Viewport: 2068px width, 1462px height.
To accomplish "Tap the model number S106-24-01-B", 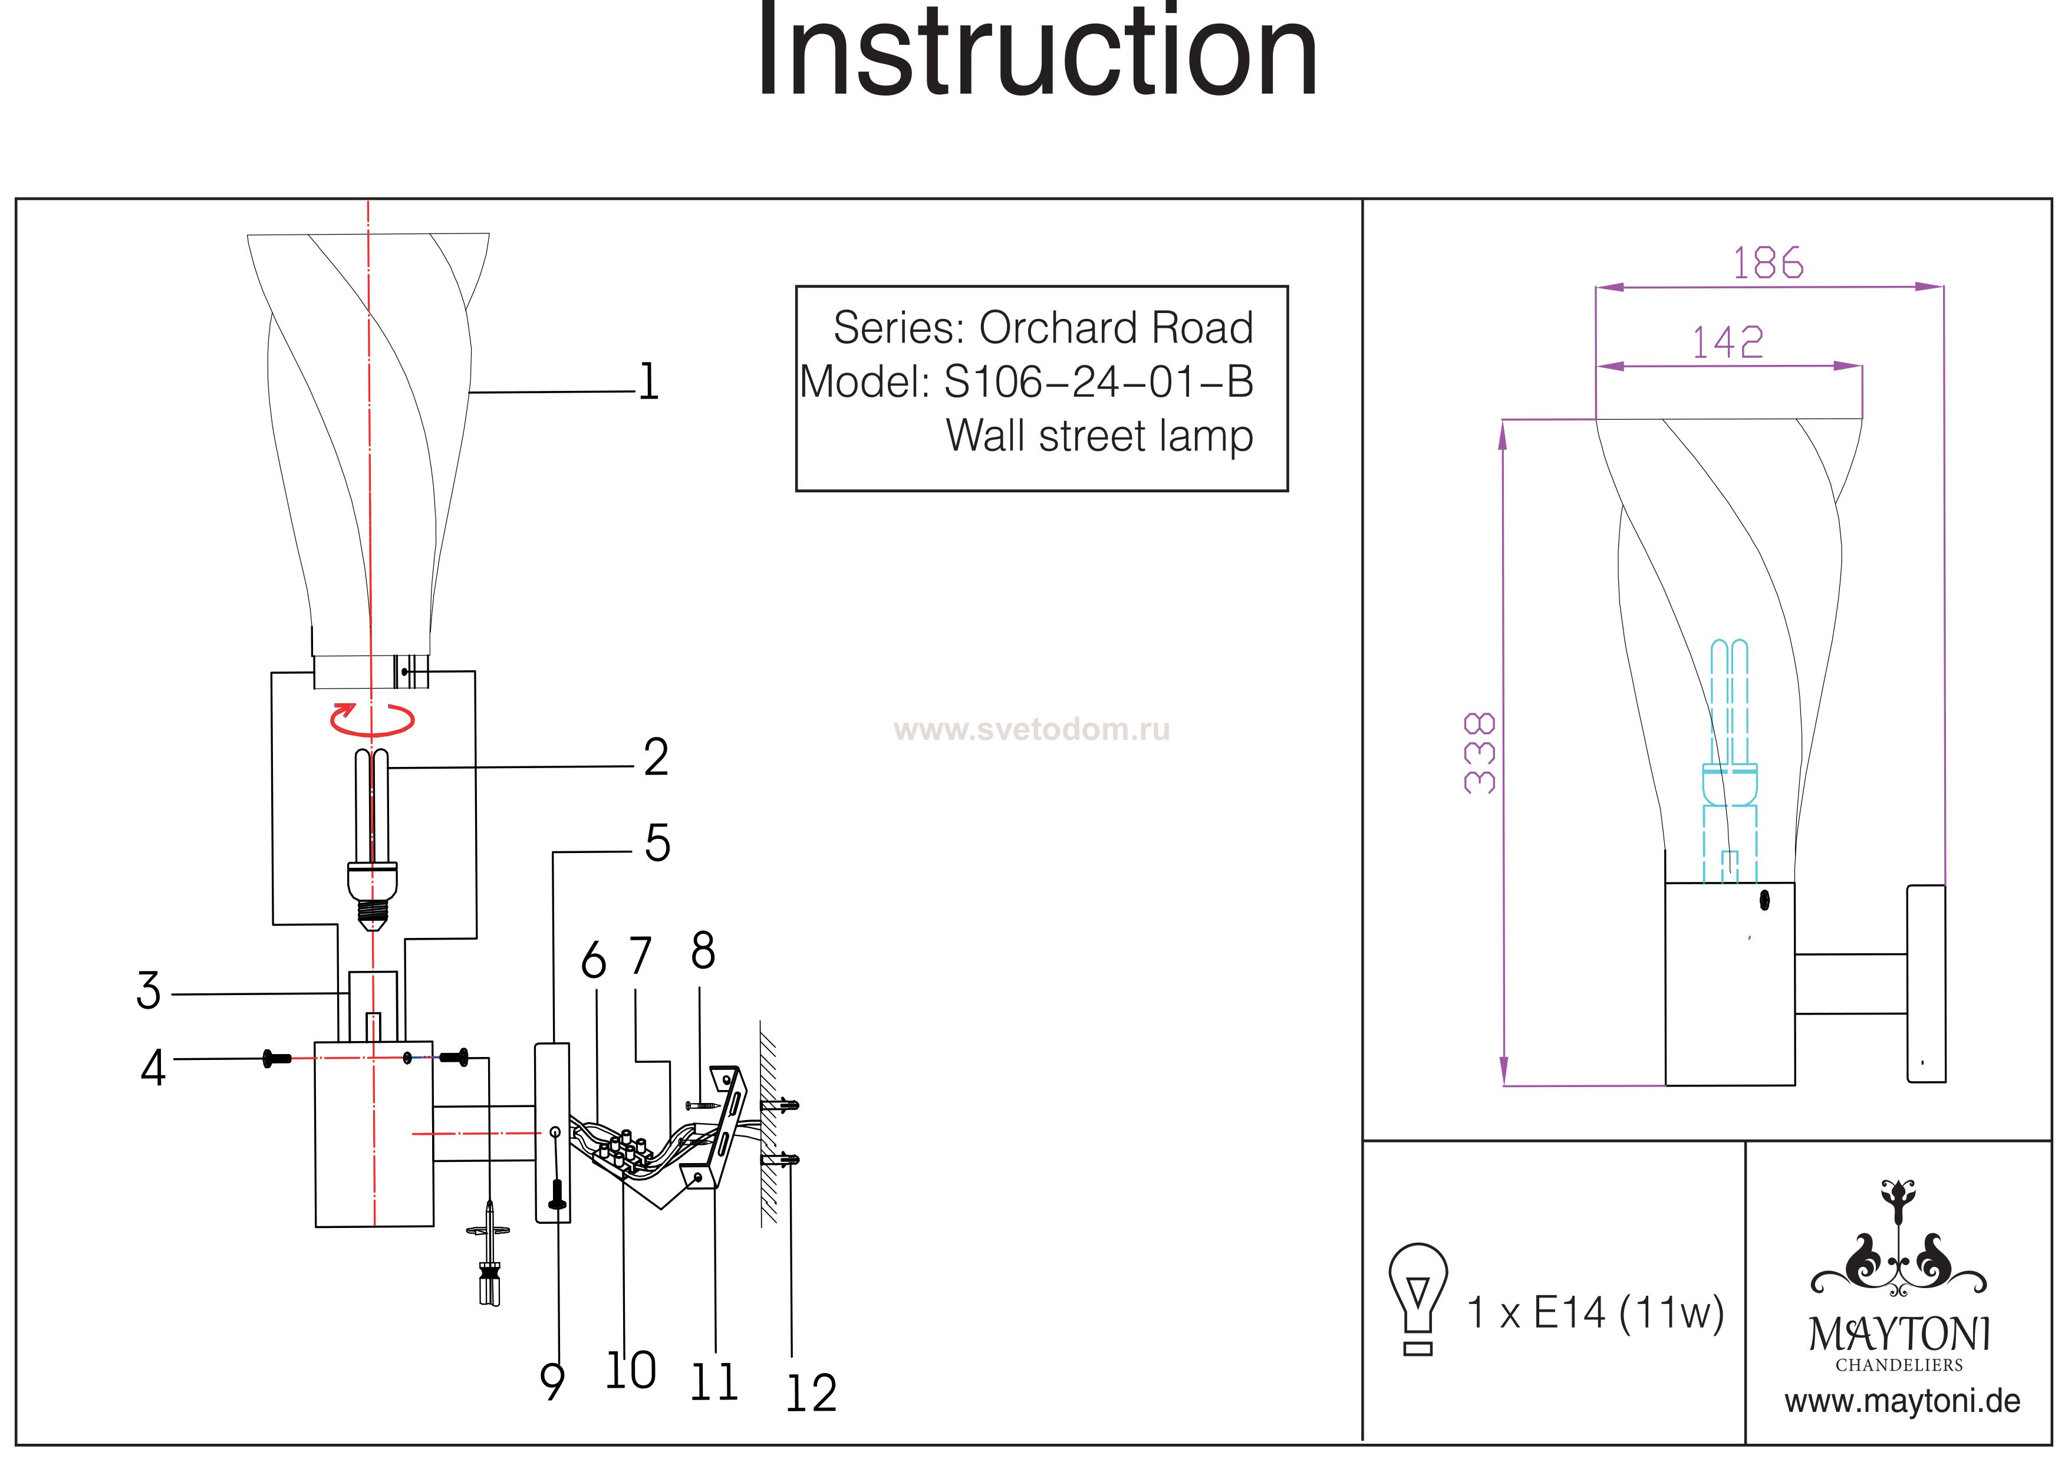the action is [x=1098, y=382].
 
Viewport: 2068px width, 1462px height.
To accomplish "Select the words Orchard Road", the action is [x=1116, y=328].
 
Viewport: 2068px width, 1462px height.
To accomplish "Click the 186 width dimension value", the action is [x=1768, y=263].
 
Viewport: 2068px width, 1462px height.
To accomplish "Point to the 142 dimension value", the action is [x=1727, y=343].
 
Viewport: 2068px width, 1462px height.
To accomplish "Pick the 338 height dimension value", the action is [x=1480, y=752].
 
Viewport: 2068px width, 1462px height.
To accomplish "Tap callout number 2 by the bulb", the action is [x=656, y=757].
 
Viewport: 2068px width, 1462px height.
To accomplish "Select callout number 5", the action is [x=657, y=843].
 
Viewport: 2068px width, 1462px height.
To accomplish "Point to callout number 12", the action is [x=812, y=1394].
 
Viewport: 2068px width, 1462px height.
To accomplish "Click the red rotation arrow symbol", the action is [x=372, y=719].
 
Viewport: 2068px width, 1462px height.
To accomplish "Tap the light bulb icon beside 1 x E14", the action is [x=1418, y=1299].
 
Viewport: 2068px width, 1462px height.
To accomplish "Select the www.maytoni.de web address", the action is [x=1902, y=1402].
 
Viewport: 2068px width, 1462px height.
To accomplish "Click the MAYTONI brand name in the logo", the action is [x=1899, y=1334].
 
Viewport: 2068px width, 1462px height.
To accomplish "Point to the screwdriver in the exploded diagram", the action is [x=489, y=1253].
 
